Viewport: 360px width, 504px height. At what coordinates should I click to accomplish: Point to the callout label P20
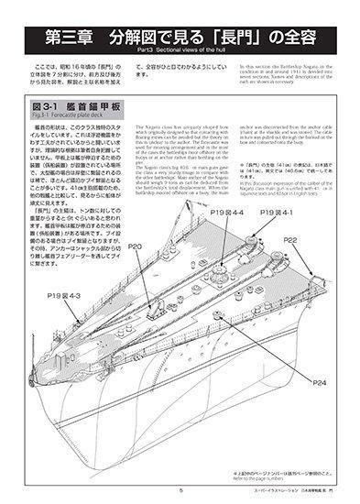(135, 246)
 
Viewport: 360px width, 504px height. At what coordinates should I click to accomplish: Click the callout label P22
(291, 240)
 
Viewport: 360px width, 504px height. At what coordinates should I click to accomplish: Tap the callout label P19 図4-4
(225, 213)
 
